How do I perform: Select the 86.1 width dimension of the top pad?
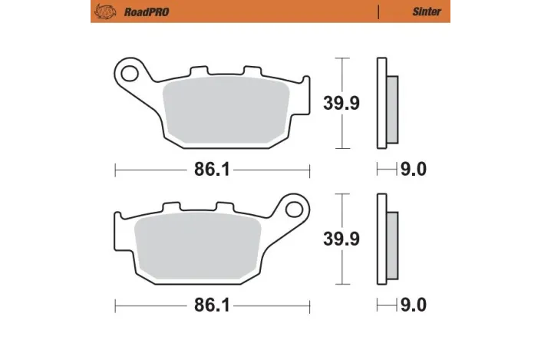pos(212,170)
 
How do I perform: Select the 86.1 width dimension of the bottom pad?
pos(212,306)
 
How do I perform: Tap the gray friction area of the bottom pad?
pos(198,244)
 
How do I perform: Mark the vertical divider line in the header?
pos(379,12)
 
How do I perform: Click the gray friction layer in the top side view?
pos(391,109)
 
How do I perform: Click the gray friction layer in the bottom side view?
pos(391,245)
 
